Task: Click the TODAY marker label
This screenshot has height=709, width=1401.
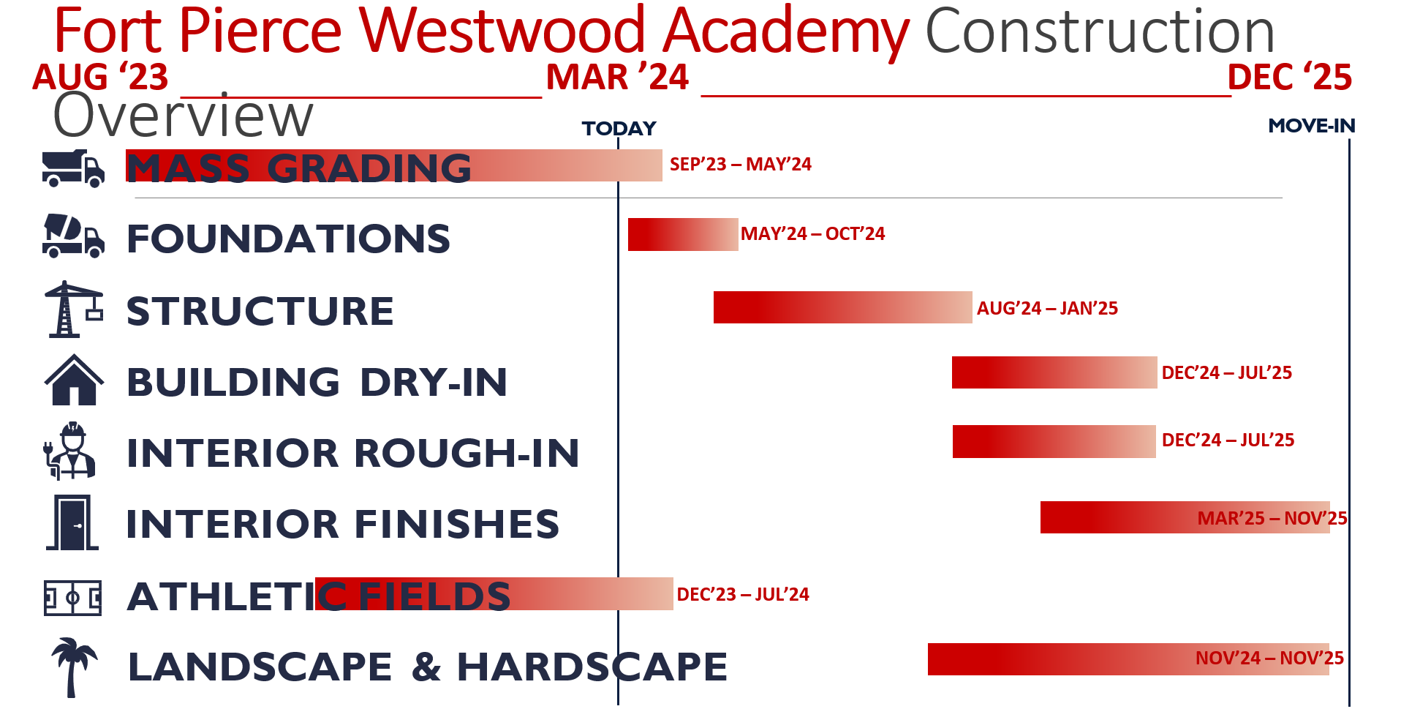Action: click(619, 129)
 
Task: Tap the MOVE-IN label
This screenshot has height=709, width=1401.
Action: click(1312, 126)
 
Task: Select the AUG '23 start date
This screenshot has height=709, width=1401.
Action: click(100, 77)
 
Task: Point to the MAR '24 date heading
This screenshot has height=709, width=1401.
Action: click(617, 77)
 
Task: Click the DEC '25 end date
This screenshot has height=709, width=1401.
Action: click(1290, 77)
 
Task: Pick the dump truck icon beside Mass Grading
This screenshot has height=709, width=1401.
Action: click(73, 168)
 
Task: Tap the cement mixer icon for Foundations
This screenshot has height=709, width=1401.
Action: click(73, 236)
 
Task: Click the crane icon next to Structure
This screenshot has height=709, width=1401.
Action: click(73, 309)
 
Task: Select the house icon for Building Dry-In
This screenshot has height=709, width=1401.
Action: click(74, 379)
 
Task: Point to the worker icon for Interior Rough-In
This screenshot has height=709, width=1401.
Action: click(70, 451)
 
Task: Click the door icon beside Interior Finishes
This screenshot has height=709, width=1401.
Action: click(72, 522)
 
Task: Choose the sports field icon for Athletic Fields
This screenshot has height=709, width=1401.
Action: click(72, 598)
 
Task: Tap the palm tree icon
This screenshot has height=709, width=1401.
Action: click(73, 667)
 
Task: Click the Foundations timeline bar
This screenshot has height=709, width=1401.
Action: click(683, 234)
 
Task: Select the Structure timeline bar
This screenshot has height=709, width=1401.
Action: click(843, 307)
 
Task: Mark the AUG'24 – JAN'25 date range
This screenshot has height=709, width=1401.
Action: click(1047, 308)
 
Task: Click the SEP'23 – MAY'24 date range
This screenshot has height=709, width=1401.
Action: click(740, 164)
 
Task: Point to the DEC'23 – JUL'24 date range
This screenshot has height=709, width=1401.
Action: click(743, 594)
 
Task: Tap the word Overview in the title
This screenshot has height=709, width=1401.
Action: click(183, 116)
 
